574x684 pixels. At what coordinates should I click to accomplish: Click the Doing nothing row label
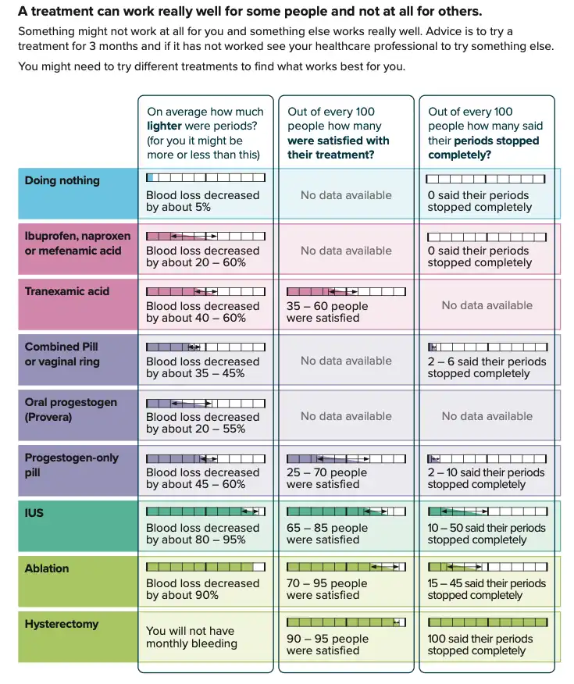click(x=62, y=180)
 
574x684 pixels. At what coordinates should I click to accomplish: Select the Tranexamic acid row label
click(x=67, y=291)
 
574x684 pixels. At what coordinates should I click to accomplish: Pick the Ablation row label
click(x=47, y=568)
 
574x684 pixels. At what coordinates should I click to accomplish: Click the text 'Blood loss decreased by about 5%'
click(x=202, y=201)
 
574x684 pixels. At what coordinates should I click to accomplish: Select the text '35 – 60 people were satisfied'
click(x=326, y=312)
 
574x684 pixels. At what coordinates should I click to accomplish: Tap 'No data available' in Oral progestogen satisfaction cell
click(x=346, y=416)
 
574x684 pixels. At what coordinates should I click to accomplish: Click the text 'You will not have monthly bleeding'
click(x=191, y=637)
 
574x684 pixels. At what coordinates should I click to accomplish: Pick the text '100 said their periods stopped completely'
click(x=480, y=645)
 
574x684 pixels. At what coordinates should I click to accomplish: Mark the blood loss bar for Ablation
click(x=205, y=567)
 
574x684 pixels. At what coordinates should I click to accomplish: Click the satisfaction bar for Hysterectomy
click(x=346, y=622)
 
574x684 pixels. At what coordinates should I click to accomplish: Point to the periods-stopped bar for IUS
click(x=487, y=511)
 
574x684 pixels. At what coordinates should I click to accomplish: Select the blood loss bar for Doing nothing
click(x=205, y=179)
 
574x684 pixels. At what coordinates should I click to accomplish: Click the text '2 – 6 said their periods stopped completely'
click(x=486, y=368)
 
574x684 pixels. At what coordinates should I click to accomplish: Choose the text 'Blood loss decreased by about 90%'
click(x=202, y=590)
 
